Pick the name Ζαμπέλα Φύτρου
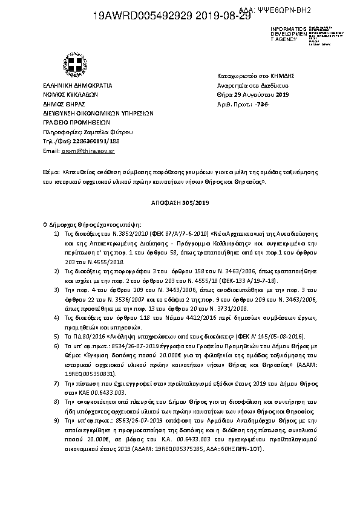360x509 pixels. coord(113,131)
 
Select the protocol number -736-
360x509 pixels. coord(263,105)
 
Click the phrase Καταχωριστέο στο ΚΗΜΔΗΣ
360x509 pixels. coord(255,76)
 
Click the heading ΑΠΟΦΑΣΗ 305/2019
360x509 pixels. coord(180,203)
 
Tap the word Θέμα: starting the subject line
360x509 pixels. coord(51,172)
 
